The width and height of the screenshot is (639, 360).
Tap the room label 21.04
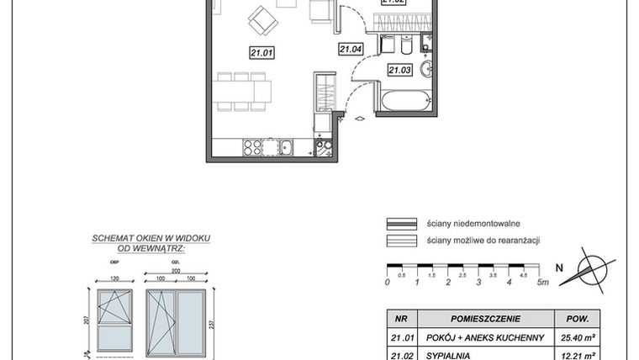[x=350, y=50]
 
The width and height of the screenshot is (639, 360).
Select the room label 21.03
[x=399, y=71]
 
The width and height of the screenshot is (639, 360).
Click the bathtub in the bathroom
[x=408, y=102]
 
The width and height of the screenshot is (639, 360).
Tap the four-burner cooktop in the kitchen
[x=251, y=146]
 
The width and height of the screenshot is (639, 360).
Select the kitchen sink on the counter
[x=286, y=147]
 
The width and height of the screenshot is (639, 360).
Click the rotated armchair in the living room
[x=261, y=19]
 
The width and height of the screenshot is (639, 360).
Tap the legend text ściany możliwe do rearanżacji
[x=483, y=241]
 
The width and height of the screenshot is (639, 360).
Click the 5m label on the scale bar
[x=543, y=283]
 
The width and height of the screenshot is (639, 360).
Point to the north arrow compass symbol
[x=592, y=268]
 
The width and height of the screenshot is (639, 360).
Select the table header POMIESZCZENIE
[x=485, y=319]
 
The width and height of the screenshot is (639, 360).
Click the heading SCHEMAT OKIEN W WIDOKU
[x=151, y=240]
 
